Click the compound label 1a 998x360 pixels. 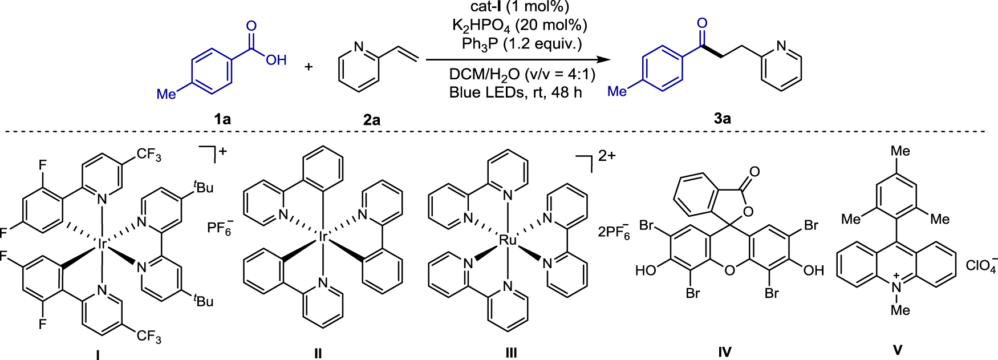[222, 119]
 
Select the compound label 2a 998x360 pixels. [371, 120]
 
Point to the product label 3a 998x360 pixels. [722, 119]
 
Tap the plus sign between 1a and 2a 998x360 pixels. [309, 67]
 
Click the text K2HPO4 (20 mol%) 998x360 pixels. [519, 26]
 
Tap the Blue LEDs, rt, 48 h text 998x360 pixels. [516, 92]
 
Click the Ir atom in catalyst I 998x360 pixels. [102, 244]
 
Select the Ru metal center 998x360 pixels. [507, 241]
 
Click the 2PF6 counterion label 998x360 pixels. [614, 232]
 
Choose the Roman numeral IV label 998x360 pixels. [724, 352]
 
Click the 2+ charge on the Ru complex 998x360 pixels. [606, 155]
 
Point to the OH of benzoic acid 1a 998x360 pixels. [277, 60]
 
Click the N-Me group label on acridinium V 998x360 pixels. [900, 310]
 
